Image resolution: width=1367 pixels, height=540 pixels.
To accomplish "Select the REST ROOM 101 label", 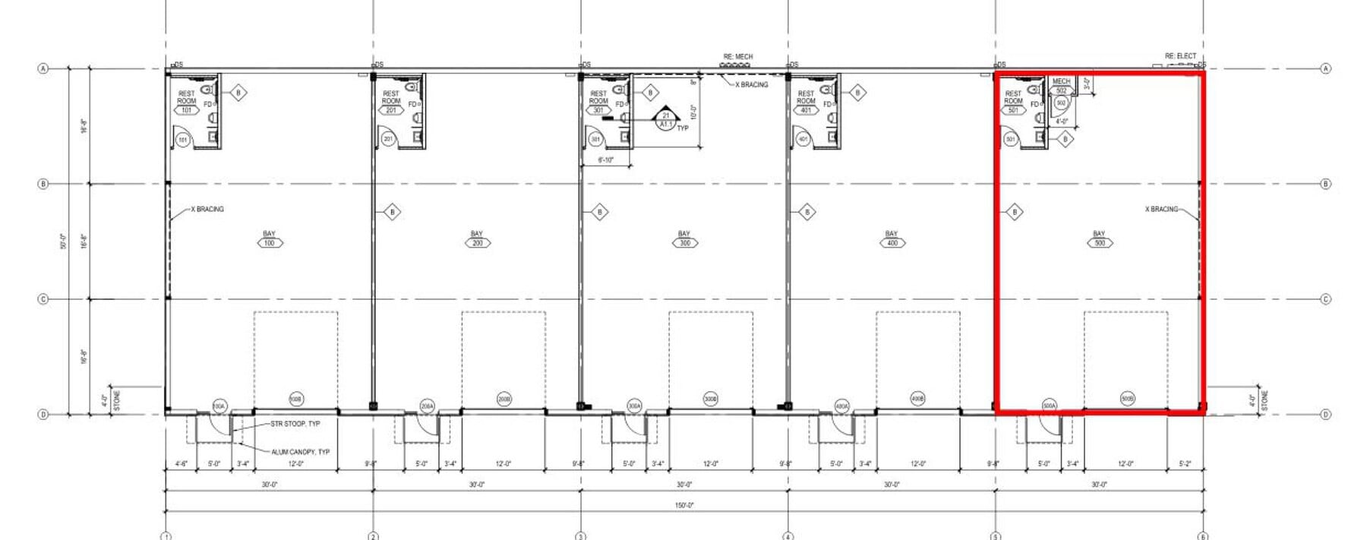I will pyautogui.click(x=187, y=101).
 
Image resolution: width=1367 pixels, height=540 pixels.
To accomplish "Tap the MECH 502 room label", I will pyautogui.click(x=1061, y=86).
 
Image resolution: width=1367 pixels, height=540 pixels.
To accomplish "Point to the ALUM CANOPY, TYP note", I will pyautogui.click(x=300, y=452).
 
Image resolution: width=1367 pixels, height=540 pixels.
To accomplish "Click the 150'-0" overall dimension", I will pyautogui.click(x=684, y=505).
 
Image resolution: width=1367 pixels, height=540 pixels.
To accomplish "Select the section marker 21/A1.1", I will pyautogui.click(x=666, y=120).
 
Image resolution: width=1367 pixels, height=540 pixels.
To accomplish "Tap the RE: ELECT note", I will pyautogui.click(x=1180, y=56).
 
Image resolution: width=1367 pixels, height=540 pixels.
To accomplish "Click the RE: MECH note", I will pyautogui.click(x=737, y=57).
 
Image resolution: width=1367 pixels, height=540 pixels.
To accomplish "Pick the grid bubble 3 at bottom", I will pyautogui.click(x=581, y=536).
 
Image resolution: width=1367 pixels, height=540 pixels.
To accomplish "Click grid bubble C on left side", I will pyautogui.click(x=43, y=299).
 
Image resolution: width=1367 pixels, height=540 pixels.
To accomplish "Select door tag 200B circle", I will pyautogui.click(x=504, y=399).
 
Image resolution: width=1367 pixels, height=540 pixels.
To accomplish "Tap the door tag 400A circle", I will pyautogui.click(x=842, y=406).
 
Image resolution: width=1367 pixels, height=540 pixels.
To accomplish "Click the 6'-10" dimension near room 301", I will pyautogui.click(x=605, y=160).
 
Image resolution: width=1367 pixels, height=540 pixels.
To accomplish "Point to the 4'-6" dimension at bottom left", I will pyautogui.click(x=182, y=463).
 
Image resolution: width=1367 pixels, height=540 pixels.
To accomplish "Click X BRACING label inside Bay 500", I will pyautogui.click(x=1161, y=209).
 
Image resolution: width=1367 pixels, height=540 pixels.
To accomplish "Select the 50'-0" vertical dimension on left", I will pyautogui.click(x=65, y=242).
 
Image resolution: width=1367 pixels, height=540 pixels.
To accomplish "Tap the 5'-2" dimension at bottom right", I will pyautogui.click(x=1185, y=463).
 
